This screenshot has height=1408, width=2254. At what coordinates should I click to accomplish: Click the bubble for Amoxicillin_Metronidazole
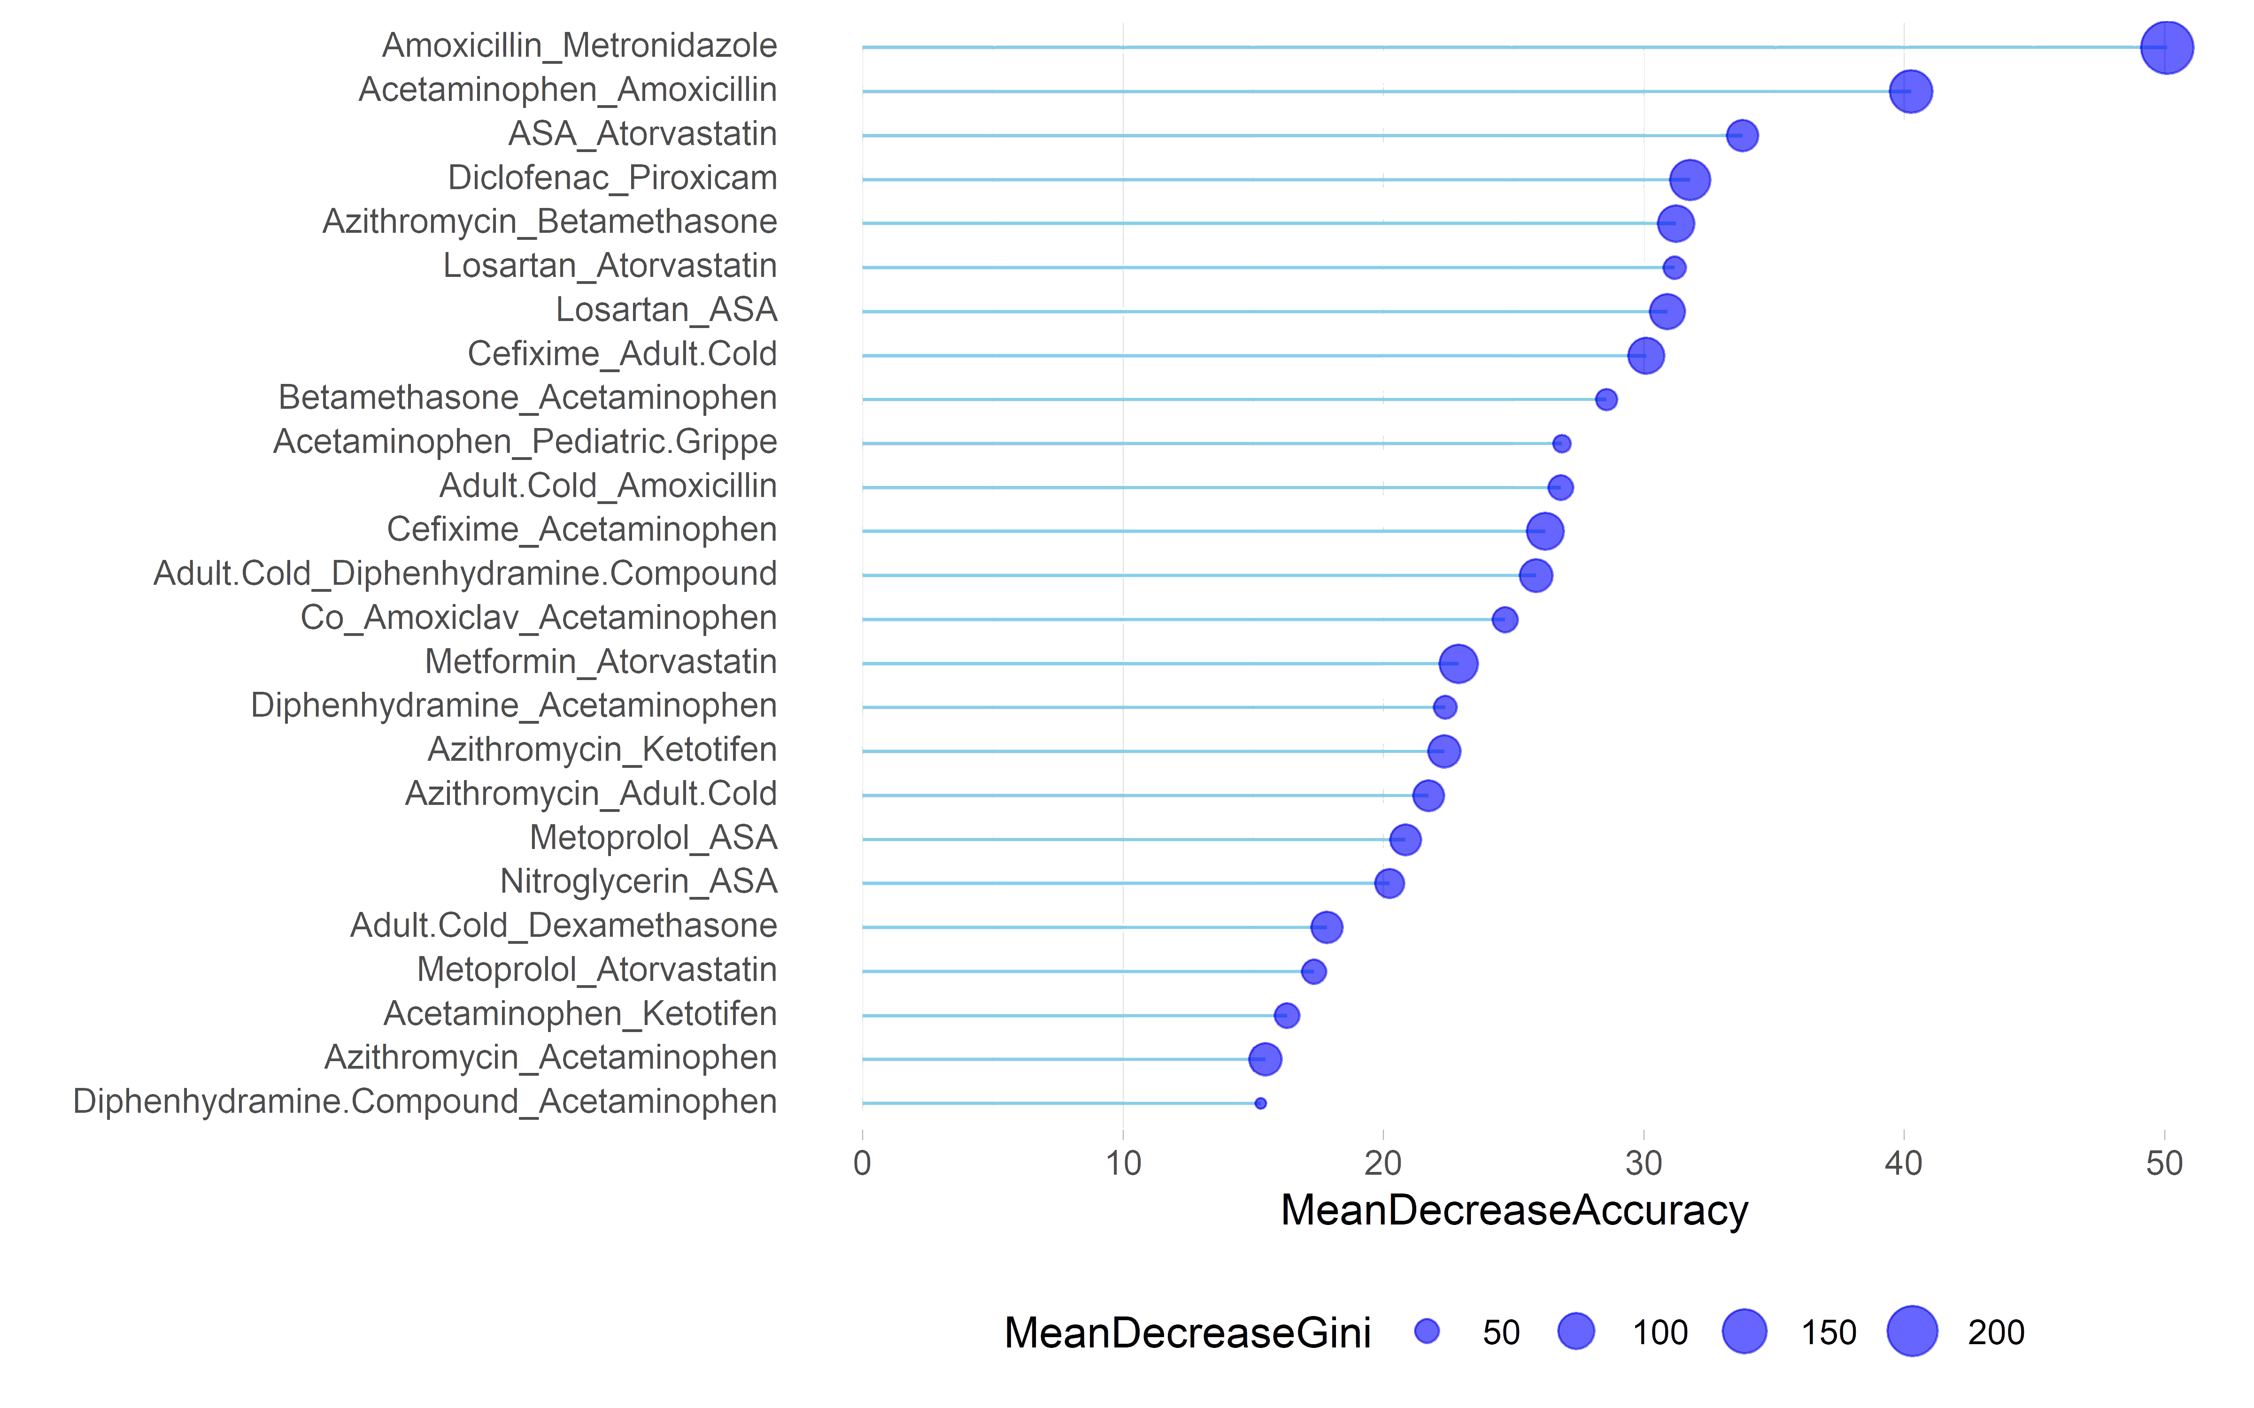(x=2167, y=46)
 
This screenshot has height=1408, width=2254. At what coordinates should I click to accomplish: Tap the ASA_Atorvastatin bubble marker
(x=1742, y=135)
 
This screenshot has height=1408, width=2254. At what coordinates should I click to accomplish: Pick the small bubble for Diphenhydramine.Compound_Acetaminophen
(x=1260, y=1103)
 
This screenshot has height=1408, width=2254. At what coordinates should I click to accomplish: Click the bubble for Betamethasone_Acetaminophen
(x=1606, y=399)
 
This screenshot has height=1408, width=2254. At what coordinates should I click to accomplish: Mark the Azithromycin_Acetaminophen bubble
(x=1265, y=1059)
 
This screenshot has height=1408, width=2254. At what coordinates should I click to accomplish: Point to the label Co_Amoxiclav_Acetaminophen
(x=538, y=617)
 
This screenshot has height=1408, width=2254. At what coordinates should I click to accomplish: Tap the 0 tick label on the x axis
(x=863, y=1163)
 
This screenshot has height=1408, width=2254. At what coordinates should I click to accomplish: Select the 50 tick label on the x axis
(x=2165, y=1163)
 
